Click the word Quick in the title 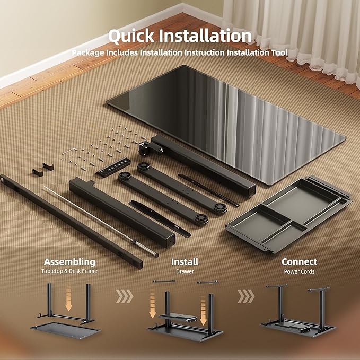[131, 36]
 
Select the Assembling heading [69, 262]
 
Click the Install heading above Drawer [185, 262]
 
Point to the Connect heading [299, 262]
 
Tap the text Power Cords [299, 271]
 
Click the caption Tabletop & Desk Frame [69, 271]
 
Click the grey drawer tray [289, 215]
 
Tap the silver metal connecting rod [101, 222]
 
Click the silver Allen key [68, 152]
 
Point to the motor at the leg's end [151, 148]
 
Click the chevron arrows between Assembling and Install [125, 296]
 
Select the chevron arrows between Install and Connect [246, 296]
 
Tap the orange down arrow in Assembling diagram [68, 298]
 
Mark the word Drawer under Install [185, 271]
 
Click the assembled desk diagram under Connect [298, 310]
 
